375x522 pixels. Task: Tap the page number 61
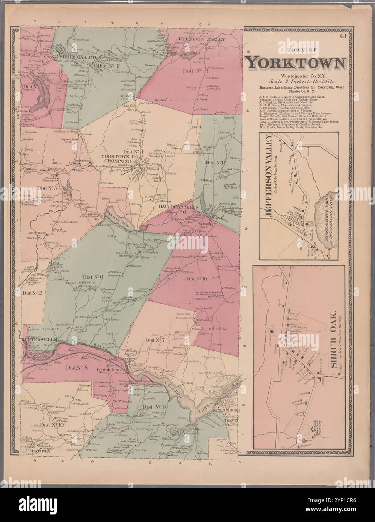[x=342, y=36]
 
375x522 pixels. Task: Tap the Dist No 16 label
[x=196, y=279]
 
